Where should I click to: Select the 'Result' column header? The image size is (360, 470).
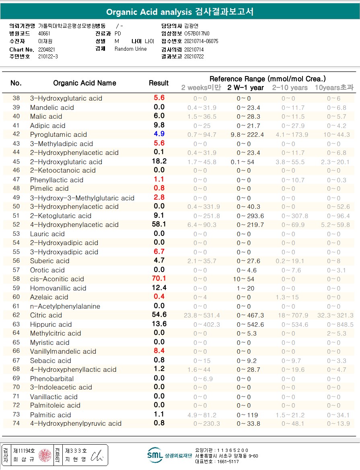[158, 83]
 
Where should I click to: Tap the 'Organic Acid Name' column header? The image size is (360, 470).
[84, 83]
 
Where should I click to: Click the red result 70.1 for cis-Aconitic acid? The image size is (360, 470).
[159, 278]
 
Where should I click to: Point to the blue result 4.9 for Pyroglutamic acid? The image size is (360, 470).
[159, 134]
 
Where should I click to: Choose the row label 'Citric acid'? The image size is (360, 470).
[46, 315]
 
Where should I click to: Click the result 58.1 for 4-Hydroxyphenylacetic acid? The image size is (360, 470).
[159, 224]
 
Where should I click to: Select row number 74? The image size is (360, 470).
[16, 423]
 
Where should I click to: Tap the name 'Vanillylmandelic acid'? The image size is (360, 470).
[63, 351]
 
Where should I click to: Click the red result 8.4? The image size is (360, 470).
[159, 351]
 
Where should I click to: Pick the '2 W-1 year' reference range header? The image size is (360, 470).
[245, 88]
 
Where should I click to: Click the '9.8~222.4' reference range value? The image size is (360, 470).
[247, 134]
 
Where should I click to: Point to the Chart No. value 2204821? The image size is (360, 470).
[47, 49]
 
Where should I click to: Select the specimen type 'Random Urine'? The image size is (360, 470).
[131, 49]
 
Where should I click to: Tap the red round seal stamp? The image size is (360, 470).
[45, 455]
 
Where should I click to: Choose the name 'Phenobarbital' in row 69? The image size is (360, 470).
[52, 379]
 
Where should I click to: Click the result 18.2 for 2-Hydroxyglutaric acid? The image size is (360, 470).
[159, 161]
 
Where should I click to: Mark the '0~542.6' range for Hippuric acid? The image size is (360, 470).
[250, 324]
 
